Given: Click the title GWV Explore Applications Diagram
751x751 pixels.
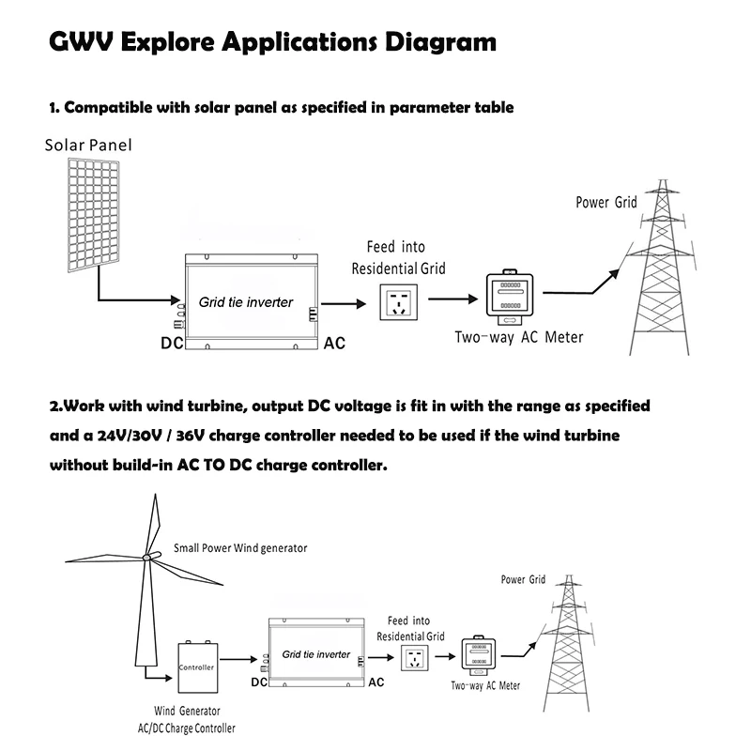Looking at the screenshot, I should (272, 43).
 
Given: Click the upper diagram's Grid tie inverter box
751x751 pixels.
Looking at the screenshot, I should (249, 302).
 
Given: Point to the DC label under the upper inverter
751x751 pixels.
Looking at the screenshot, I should (171, 344).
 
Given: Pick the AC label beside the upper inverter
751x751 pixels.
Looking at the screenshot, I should (334, 344).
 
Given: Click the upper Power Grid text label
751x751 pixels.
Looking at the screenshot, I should (605, 202).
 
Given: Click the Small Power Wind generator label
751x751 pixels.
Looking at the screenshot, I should (240, 547).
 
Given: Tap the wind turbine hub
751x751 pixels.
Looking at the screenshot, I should (146, 558).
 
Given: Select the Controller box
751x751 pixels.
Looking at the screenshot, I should (196, 667).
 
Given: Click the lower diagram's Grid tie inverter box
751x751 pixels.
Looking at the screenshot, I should (315, 653).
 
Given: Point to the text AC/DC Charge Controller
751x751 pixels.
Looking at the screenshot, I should (180, 728).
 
